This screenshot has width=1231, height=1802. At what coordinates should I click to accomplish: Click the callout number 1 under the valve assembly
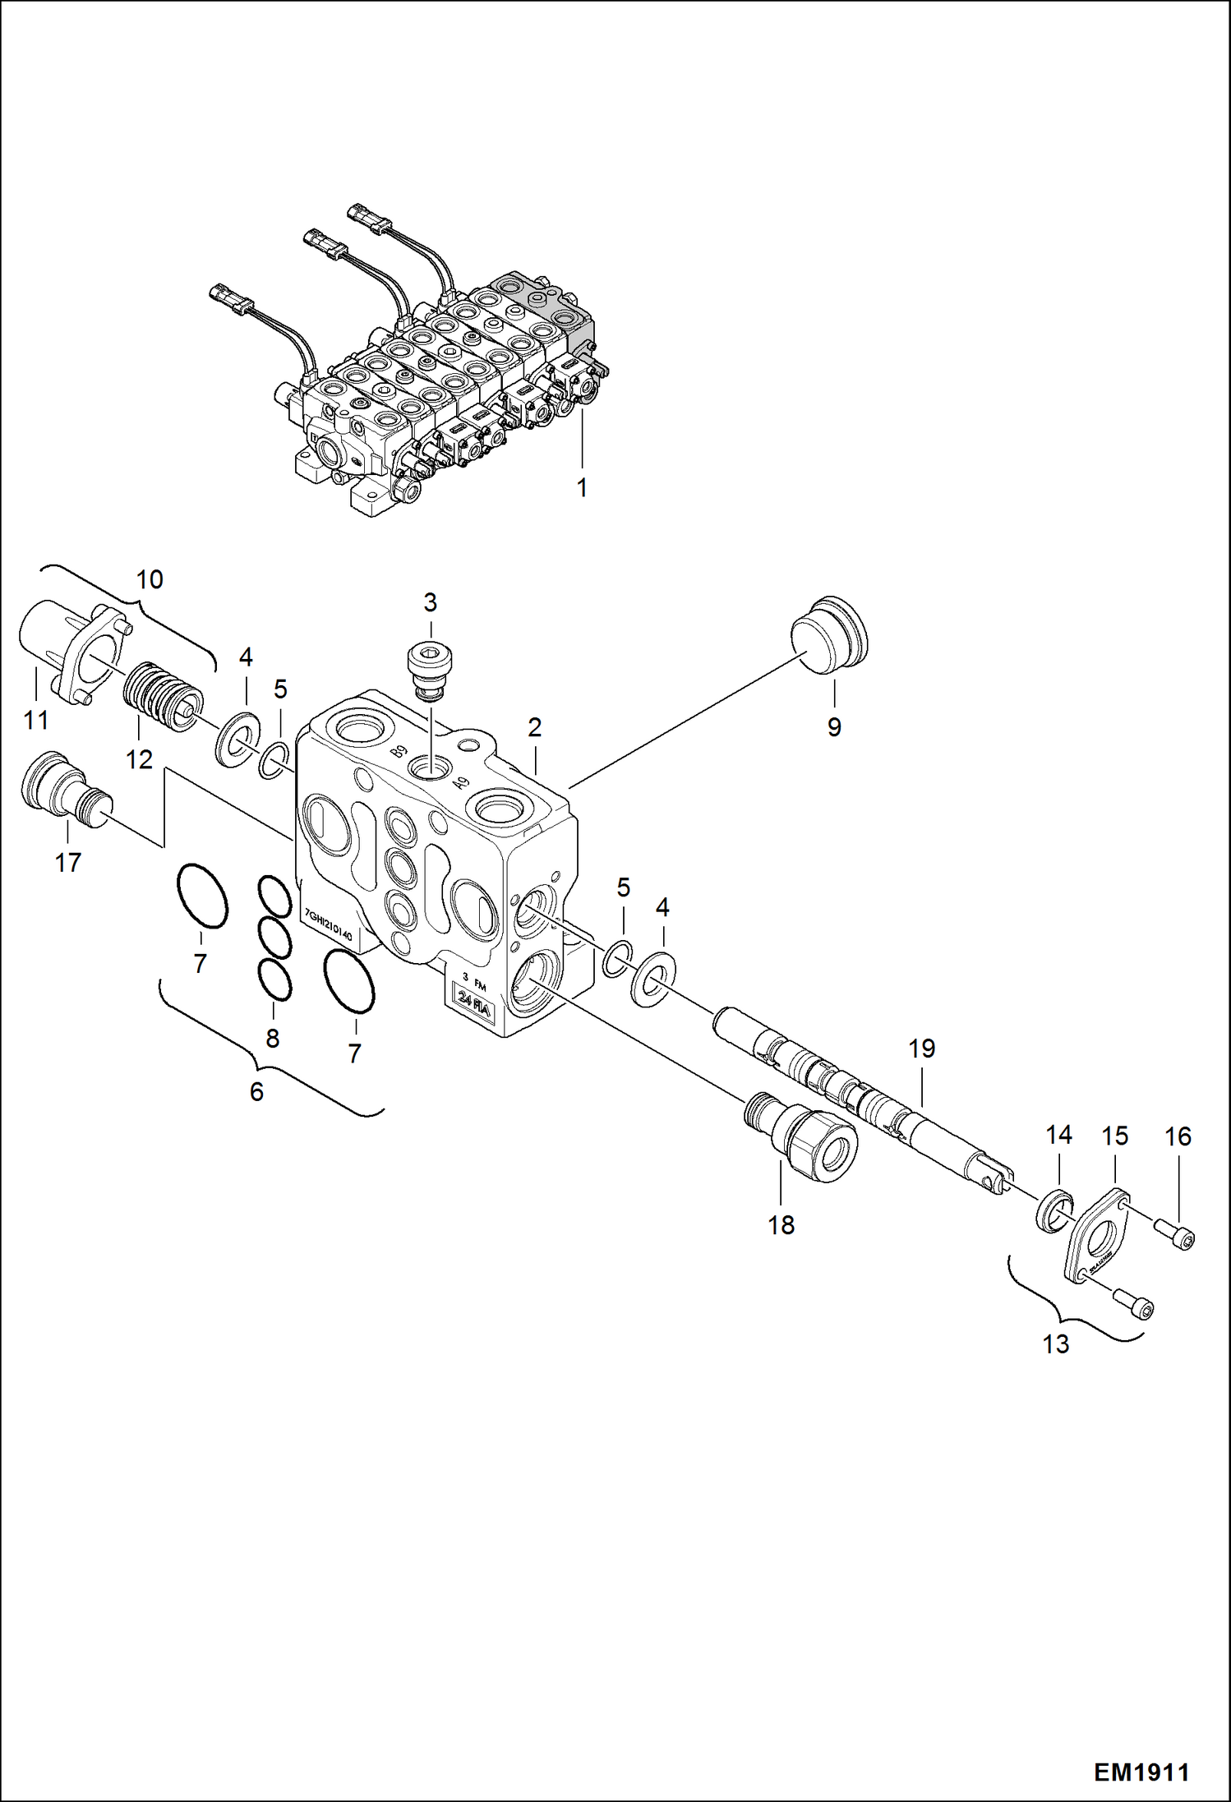(582, 488)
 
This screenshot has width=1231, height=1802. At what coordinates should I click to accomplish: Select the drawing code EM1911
(1141, 1772)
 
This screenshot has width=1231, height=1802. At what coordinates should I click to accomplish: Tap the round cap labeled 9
(828, 636)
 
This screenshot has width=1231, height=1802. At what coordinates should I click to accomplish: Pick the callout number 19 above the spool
(922, 1048)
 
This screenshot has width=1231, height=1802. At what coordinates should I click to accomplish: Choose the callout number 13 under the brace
(1056, 1344)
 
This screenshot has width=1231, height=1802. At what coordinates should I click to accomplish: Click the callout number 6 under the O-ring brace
(256, 1092)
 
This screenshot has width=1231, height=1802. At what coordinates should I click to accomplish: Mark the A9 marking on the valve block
(461, 782)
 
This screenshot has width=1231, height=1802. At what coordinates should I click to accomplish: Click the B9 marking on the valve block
(399, 750)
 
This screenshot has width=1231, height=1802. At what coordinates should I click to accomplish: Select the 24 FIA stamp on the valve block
(474, 1001)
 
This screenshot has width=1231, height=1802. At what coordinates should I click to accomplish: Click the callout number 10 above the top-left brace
(150, 579)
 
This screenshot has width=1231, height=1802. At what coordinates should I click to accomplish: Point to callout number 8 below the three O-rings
(273, 1038)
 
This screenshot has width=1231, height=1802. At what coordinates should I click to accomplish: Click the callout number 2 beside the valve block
(535, 727)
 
